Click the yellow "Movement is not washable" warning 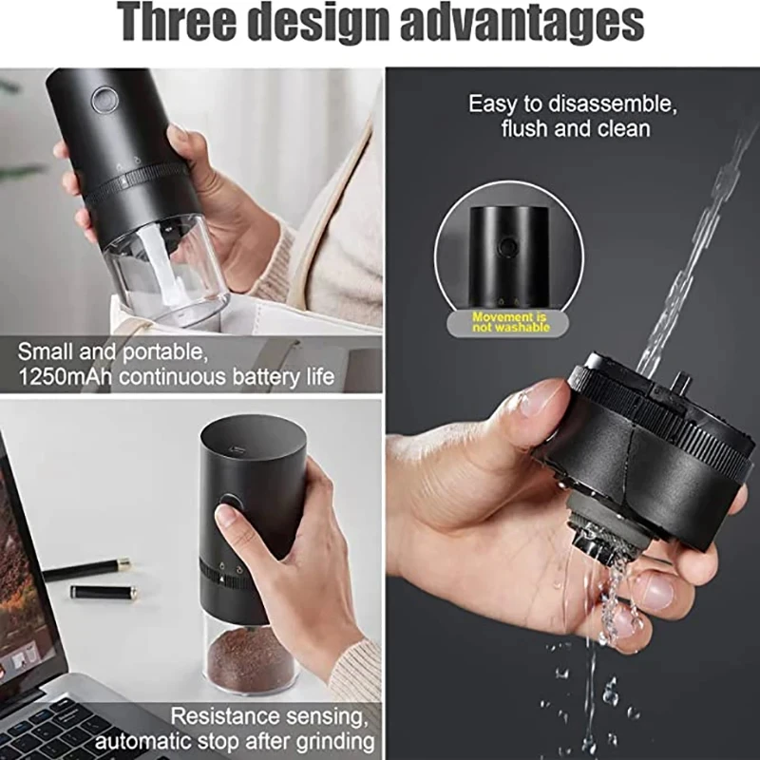point(509,321)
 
